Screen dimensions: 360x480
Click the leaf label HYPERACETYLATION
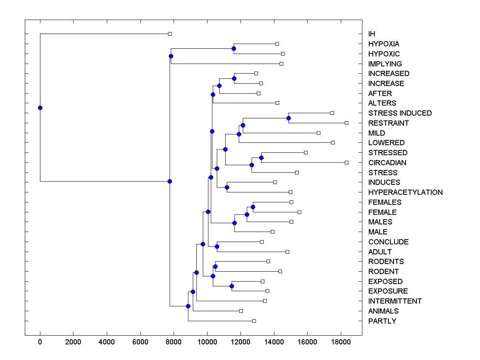coord(405,192)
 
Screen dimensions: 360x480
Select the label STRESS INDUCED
coord(400,113)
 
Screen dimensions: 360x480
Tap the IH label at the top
coord(372,34)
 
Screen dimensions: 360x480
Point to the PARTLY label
coord(382,321)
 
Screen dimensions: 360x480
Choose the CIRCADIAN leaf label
coord(387,163)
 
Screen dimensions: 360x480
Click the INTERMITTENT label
coord(395,301)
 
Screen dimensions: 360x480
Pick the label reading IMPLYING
coord(385,64)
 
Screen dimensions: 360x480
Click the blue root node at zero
coord(40,108)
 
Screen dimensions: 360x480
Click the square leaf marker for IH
coord(170,34)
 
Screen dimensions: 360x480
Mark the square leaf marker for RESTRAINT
coord(346,123)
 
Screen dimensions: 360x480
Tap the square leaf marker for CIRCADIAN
coord(346,162)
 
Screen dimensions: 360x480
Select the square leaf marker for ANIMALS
coord(241,311)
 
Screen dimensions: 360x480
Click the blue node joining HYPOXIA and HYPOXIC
coord(234,48)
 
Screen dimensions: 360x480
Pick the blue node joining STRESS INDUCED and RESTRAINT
coord(288,118)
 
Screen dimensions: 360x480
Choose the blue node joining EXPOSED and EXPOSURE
coord(232,286)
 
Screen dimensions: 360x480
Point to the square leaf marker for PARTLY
coord(254,321)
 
